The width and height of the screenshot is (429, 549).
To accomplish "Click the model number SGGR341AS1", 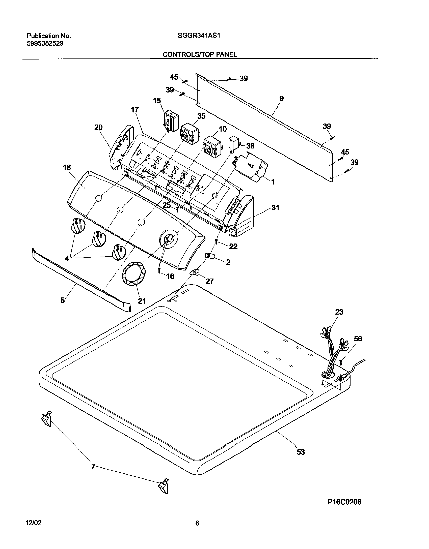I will tap(199, 36).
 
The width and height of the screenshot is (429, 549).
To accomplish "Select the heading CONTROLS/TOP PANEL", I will tap(200, 54).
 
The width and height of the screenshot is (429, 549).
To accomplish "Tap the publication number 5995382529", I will tap(45, 43).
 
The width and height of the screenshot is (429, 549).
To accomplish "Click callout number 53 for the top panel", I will tap(301, 452).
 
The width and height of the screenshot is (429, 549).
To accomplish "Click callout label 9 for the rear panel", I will tap(282, 98).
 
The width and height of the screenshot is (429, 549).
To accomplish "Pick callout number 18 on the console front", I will tap(67, 167).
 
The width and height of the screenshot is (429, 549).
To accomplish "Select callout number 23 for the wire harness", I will tap(339, 312).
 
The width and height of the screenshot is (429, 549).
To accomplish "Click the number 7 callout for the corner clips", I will tap(93, 467).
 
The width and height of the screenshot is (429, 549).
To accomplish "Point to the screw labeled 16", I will tap(159, 270).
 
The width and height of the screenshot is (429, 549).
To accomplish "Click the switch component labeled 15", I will tap(171, 122).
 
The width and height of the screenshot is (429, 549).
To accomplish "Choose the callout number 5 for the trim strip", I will tap(63, 300).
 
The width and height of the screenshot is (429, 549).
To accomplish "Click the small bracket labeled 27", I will tap(195, 272).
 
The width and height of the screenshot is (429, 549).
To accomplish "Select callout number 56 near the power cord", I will tap(358, 339).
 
